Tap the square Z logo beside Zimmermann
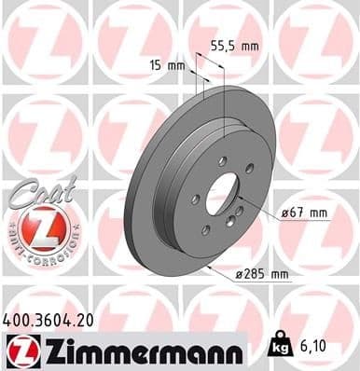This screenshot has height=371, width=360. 20,350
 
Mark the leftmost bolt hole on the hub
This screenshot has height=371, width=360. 193,199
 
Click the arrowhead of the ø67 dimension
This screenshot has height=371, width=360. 241,199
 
